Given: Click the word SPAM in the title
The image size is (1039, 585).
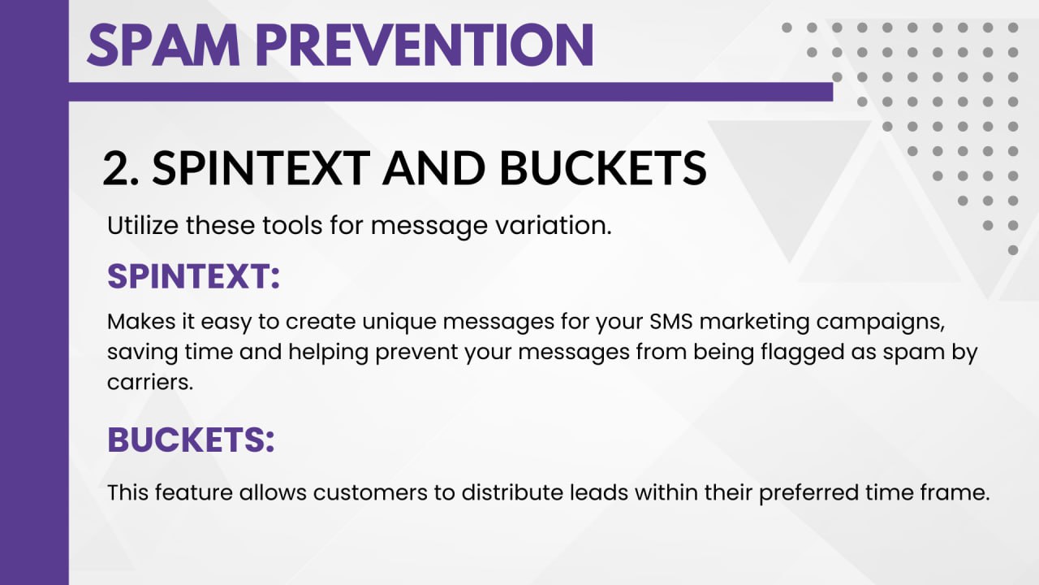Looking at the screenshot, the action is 164,45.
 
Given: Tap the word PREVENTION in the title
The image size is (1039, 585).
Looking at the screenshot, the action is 425,45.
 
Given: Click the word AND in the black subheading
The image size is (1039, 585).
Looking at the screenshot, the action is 433,168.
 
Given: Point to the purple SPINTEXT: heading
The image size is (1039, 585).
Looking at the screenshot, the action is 193,276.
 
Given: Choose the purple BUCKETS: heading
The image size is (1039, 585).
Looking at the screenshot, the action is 191,439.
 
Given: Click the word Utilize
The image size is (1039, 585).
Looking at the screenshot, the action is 142,225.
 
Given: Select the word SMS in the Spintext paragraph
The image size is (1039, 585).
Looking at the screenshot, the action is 670,321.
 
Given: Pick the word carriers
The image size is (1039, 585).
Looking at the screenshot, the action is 150,383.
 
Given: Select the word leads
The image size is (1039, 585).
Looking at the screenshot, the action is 599,492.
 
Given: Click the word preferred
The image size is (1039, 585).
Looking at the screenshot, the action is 808,493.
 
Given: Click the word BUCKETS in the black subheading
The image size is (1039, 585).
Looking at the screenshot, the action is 603,168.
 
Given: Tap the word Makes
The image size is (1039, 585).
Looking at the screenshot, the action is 141,321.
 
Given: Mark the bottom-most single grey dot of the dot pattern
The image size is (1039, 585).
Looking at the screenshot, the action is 1013,250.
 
